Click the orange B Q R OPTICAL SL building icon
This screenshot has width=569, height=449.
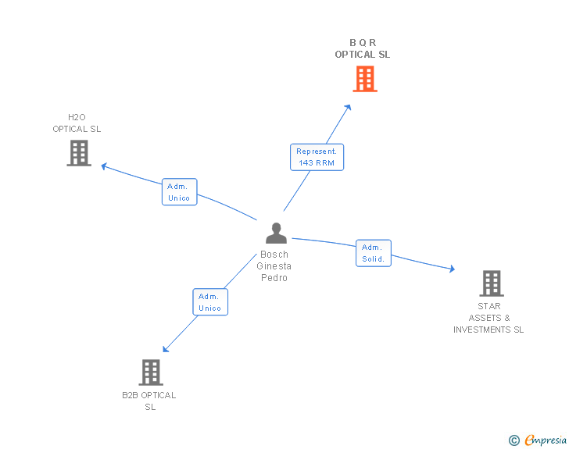(365, 78)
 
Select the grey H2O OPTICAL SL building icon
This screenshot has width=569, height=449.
(79, 153)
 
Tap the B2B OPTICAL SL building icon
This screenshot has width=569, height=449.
(151, 372)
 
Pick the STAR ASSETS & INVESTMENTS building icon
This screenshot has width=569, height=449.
(492, 283)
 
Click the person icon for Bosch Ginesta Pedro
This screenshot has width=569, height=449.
(276, 233)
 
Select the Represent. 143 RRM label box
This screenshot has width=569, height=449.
(317, 157)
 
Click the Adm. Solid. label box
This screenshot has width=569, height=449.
(373, 253)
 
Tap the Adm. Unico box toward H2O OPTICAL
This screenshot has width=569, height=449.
(180, 192)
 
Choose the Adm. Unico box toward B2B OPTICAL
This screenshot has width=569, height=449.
(209, 302)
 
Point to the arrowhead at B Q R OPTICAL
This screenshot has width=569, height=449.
(349, 106)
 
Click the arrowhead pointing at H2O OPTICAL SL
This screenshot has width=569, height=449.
(105, 166)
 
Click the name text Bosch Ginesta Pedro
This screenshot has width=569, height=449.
(274, 266)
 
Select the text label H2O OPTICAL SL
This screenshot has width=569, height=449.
(77, 123)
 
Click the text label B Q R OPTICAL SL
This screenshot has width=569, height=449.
(362, 48)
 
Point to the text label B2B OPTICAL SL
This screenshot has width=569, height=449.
(149, 401)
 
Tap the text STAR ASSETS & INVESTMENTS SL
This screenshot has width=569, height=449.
(489, 318)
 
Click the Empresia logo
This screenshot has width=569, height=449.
(546, 440)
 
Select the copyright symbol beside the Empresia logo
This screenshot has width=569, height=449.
(514, 441)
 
